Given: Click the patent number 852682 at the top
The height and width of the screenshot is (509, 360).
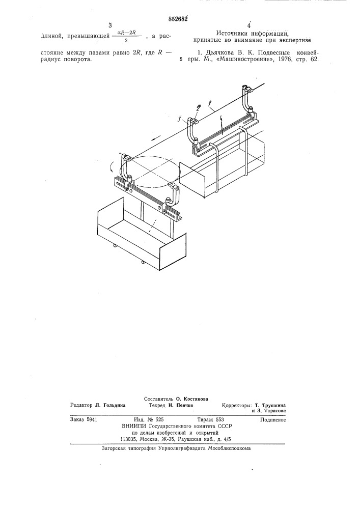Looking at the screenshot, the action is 178,19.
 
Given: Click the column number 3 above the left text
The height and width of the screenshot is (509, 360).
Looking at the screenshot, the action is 110,26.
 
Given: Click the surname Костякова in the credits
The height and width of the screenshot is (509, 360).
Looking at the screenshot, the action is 196,399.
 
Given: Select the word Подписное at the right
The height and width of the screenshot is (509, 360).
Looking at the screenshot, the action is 273,420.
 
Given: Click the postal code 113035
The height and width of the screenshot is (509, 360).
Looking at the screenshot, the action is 127,440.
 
